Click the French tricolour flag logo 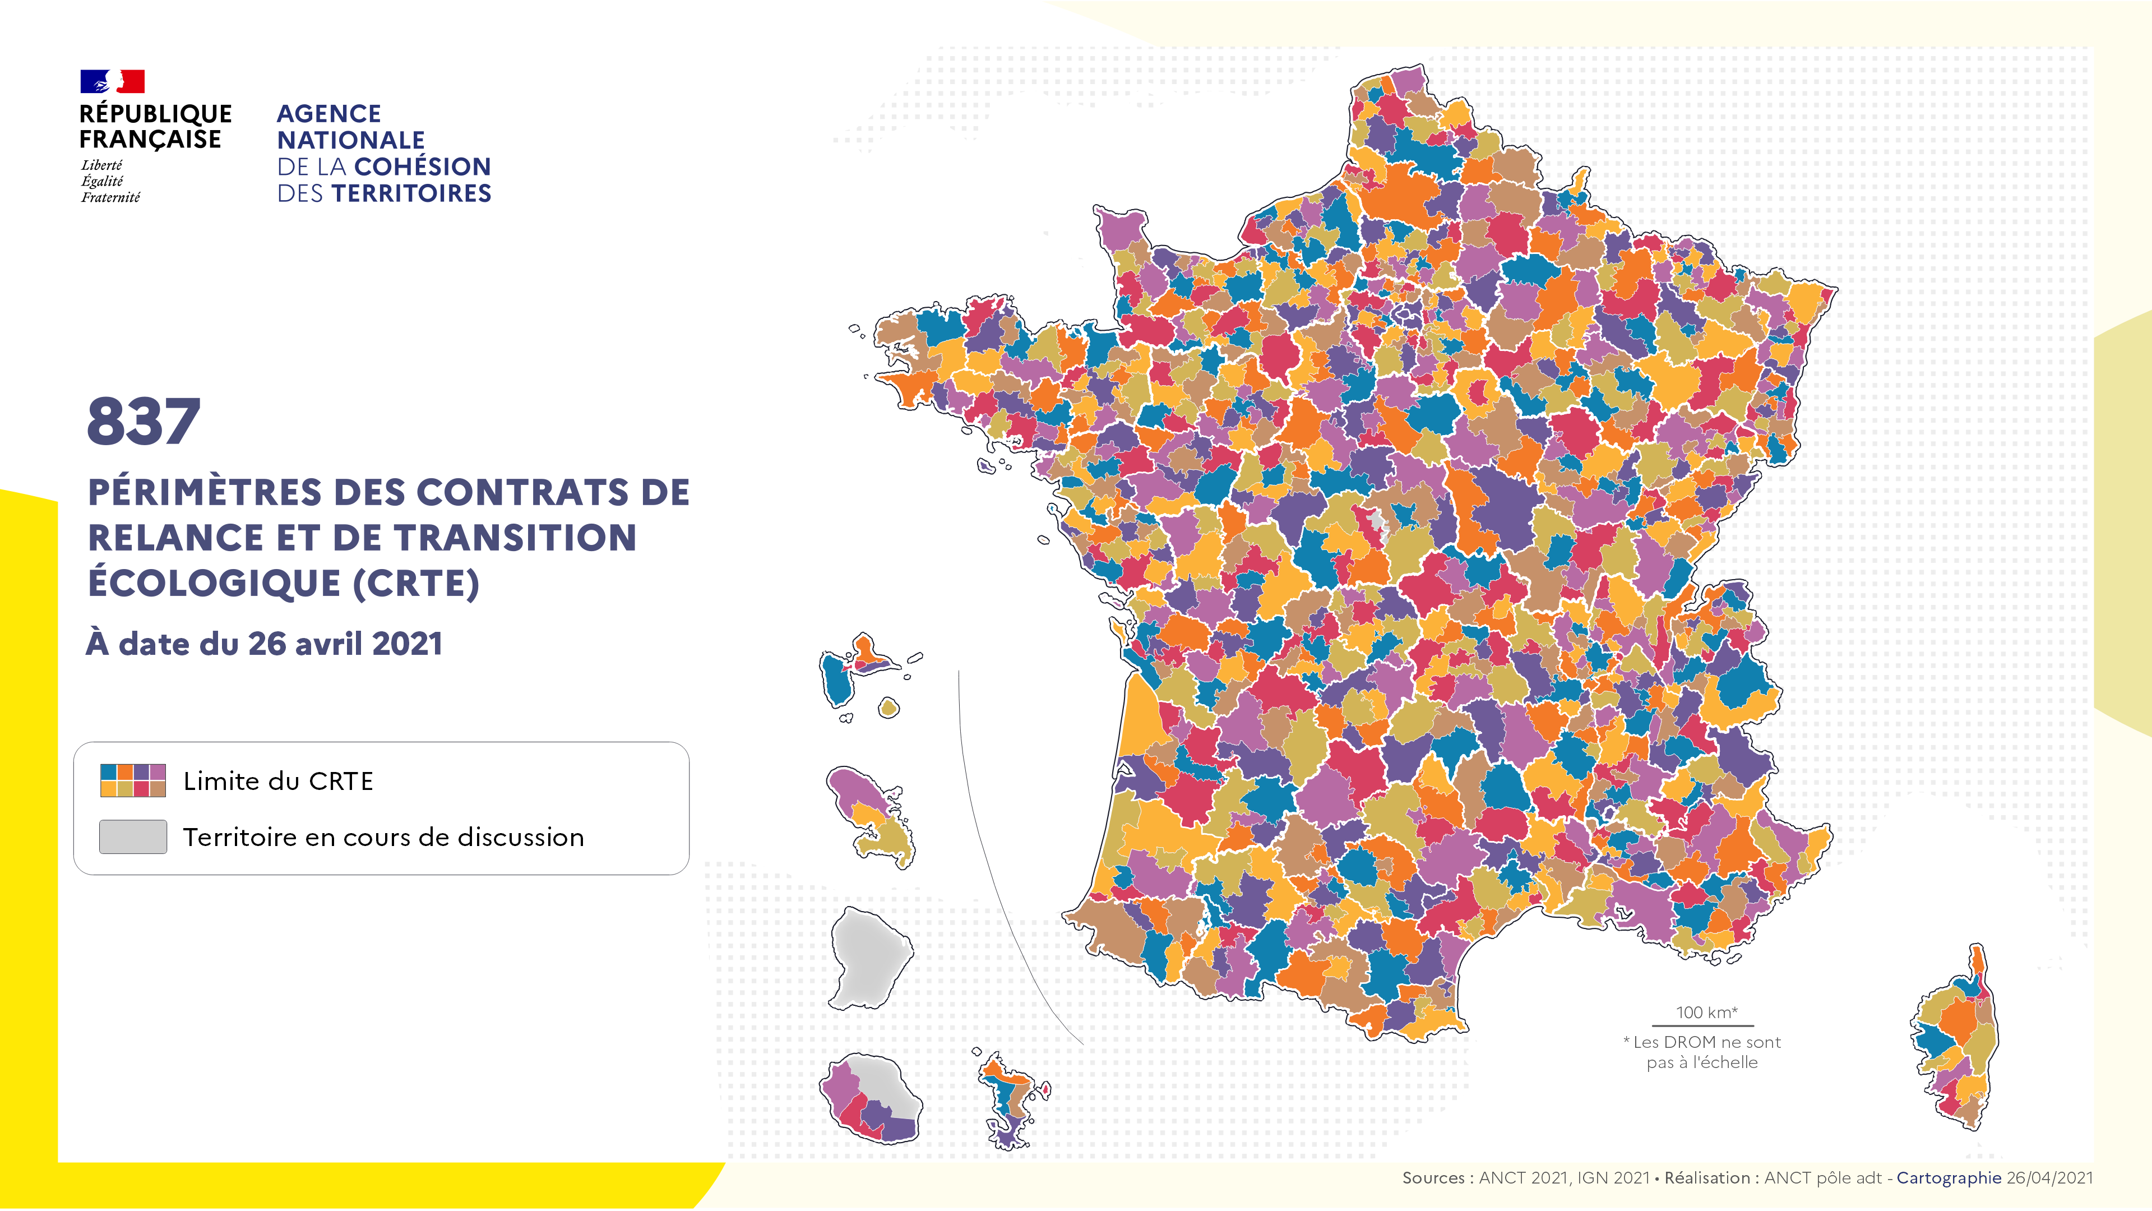pos(112,81)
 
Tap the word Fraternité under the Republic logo pos(110,197)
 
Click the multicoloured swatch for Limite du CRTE pos(133,780)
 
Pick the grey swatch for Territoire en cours pos(133,836)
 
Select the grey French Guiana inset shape pos(869,958)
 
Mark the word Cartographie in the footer pos(1948,1177)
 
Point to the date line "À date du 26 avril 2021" pos(264,644)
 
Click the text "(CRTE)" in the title pos(415,583)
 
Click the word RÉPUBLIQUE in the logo pos(155,114)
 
